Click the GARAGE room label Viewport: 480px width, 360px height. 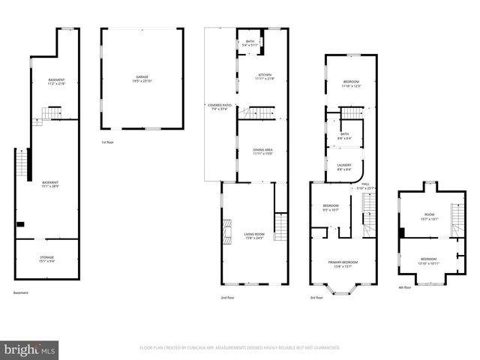(142, 76)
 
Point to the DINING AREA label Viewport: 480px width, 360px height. (262, 150)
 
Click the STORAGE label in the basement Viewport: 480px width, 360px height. (46, 258)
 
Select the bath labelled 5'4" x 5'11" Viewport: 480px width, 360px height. (250, 42)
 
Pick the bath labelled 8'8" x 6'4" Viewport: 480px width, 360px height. (343, 135)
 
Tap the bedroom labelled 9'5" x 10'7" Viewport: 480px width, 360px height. (331, 206)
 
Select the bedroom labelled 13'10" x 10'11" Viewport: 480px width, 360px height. (428, 259)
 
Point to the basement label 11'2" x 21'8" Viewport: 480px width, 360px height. (56, 81)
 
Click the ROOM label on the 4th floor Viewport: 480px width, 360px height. (430, 216)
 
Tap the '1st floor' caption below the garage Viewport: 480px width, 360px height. (108, 142)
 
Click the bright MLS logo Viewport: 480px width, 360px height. (30, 349)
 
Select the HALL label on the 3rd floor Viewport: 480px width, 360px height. (366, 184)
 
